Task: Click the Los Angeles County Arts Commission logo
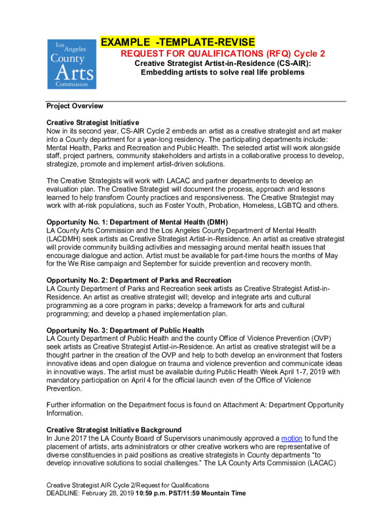click(x=72, y=64)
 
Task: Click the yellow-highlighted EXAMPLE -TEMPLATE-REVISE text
click(x=178, y=42)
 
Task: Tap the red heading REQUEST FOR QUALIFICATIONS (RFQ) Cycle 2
click(x=222, y=54)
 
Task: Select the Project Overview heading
click(x=75, y=106)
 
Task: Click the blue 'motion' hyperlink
click(x=291, y=438)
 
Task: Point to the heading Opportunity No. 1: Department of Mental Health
click(x=137, y=222)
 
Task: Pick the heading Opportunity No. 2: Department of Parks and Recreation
click(x=139, y=280)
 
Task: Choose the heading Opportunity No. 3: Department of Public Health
click(x=125, y=331)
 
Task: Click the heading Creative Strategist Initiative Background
click(x=114, y=430)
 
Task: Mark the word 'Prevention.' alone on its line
click(x=64, y=388)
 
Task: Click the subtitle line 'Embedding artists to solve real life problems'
click(x=222, y=72)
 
